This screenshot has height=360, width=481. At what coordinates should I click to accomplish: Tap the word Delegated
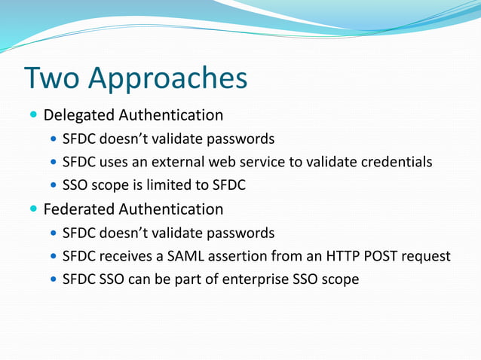point(78,115)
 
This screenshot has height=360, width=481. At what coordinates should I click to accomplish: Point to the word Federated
point(78,209)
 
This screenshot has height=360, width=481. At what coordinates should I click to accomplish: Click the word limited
point(182,185)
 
